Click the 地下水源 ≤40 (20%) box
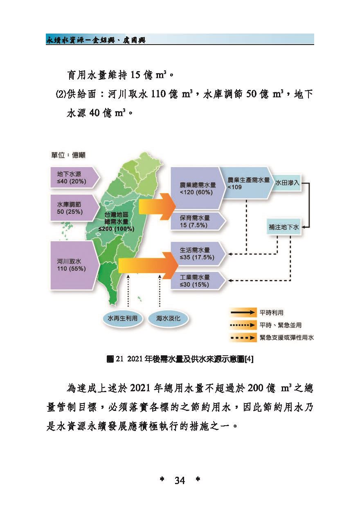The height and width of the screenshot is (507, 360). (x=75, y=178)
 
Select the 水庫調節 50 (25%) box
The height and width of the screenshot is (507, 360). (x=75, y=208)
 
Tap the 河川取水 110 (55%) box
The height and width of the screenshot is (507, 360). (x=75, y=265)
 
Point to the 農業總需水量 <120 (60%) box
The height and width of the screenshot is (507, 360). (x=198, y=188)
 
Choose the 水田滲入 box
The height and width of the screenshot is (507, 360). (x=287, y=183)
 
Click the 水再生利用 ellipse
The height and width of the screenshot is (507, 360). (x=122, y=319)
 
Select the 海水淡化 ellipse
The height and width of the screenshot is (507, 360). (x=168, y=319)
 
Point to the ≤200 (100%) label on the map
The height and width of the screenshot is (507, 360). (x=116, y=229)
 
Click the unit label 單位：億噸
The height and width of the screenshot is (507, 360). (x=68, y=155)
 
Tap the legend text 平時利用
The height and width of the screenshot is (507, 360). (x=272, y=313)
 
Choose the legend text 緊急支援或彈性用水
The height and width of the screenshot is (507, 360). (x=287, y=338)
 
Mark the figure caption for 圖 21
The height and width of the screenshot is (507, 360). (x=180, y=359)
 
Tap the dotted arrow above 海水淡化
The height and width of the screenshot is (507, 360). (x=160, y=291)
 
